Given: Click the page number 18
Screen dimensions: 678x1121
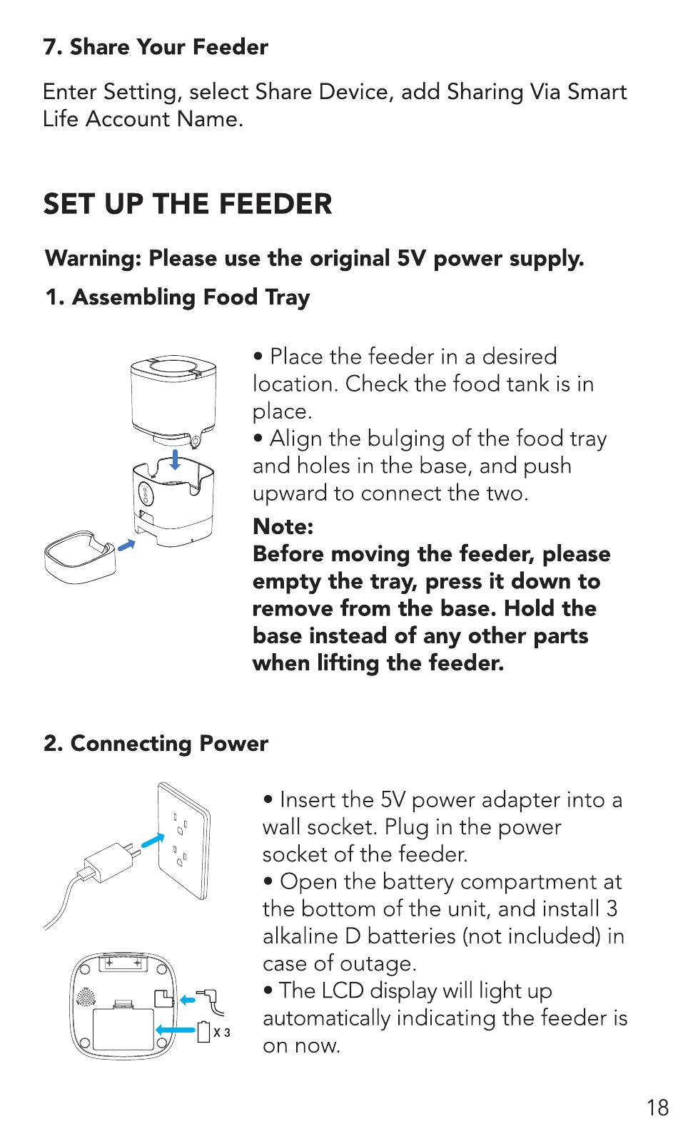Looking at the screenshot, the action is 657,1106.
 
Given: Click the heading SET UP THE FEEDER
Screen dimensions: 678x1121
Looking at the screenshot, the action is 188,204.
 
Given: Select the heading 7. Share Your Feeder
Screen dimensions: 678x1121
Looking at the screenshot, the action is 156,47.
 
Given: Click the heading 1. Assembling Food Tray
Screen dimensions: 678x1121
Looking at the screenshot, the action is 178,297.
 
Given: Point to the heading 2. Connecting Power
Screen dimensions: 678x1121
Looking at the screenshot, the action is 156,744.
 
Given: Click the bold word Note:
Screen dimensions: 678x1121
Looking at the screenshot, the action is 283,526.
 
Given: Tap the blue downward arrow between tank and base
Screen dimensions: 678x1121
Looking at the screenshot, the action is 175,459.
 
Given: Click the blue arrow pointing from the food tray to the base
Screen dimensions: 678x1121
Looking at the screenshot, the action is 126,545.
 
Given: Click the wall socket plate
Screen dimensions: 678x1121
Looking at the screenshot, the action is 183,840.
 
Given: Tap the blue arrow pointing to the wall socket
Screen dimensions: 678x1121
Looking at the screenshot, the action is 153,840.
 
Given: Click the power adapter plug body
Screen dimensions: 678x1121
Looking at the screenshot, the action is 108,861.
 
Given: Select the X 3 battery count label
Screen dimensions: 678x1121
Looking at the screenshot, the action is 222,1033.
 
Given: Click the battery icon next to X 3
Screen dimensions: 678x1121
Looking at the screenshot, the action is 204,1032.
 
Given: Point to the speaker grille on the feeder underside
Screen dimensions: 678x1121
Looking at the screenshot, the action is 86,998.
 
